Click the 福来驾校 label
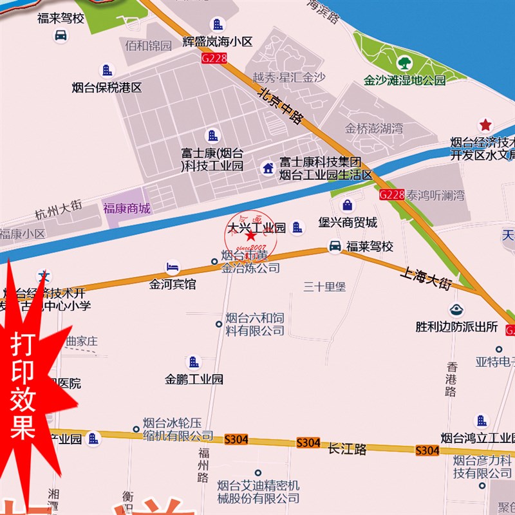pos(61,18)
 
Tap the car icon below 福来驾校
pos(61,36)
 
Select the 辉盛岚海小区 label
pos(217,42)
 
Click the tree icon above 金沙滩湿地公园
pos(404,63)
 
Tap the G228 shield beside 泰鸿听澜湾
pos(391,194)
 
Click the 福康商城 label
pos(126,208)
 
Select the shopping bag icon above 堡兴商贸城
pos(348,205)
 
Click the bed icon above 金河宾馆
pos(172,267)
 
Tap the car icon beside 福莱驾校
pos(335,246)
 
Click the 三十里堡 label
pos(325,286)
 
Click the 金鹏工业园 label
pos(194,379)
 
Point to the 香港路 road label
pos(452,379)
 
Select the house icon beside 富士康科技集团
pos(268,169)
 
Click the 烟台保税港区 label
pos(106,88)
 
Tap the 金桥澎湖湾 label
pos(374,128)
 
